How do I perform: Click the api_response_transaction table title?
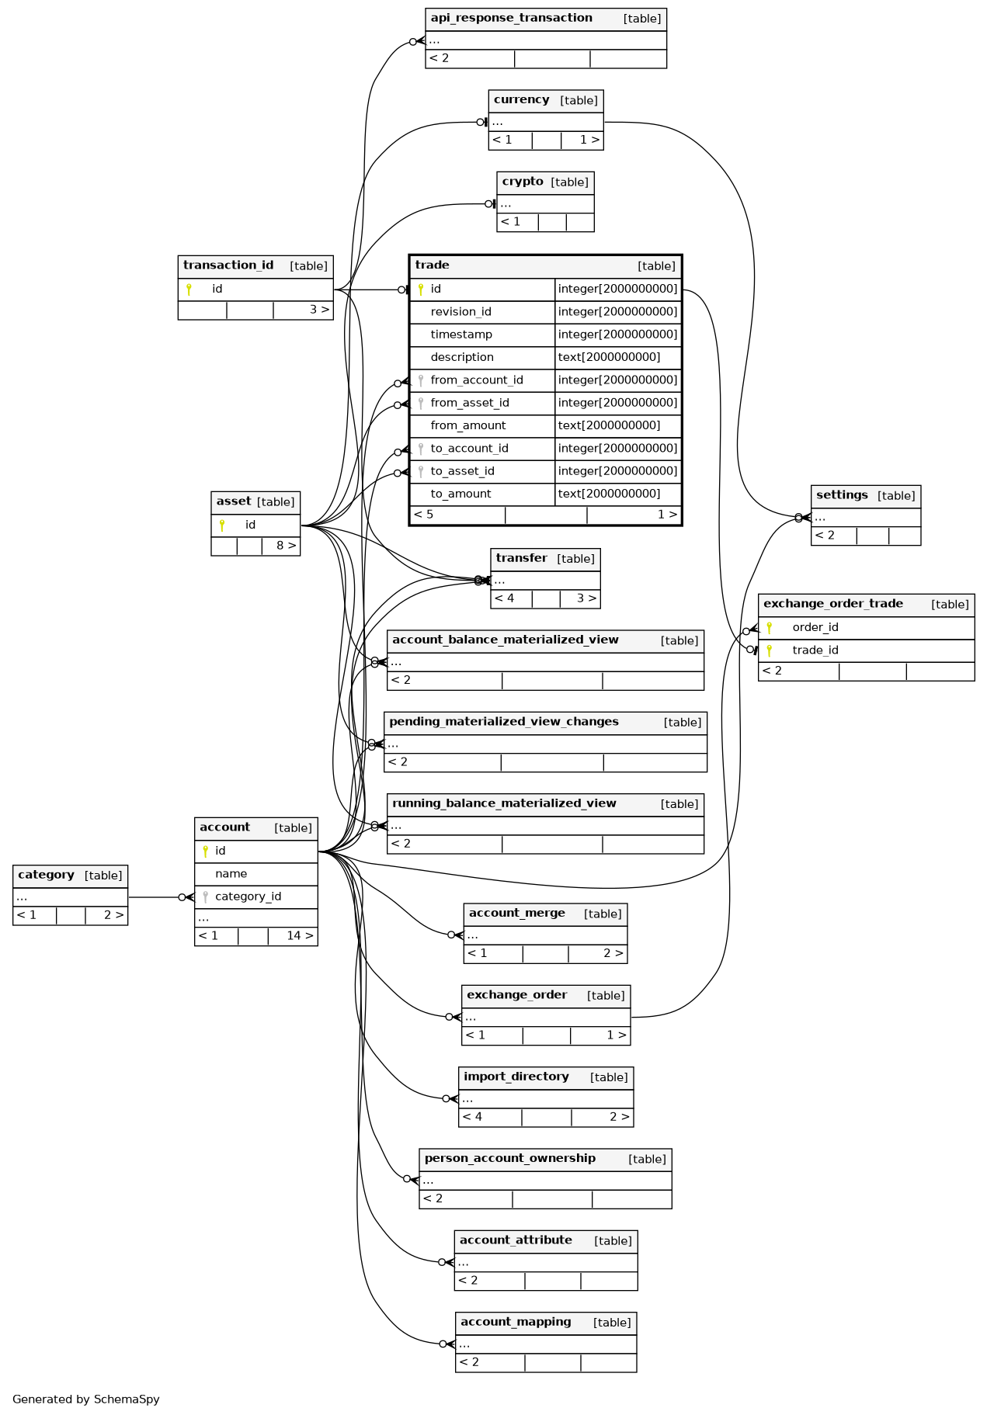coord(511,18)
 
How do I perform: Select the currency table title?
coord(521,99)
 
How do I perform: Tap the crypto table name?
coord(522,182)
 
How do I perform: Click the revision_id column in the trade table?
coord(460,312)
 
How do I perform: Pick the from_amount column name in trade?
coord(467,425)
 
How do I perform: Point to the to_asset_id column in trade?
coord(462,471)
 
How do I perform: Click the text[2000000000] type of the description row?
coord(609,357)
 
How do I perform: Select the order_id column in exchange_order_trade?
coord(815,627)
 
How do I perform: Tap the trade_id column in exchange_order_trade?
coord(815,650)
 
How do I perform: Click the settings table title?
coord(842,495)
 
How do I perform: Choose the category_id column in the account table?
coord(248,897)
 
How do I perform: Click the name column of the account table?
coord(231,874)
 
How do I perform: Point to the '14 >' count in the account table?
coord(300,936)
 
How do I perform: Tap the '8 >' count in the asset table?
coord(286,546)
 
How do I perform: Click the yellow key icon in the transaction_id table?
coord(188,290)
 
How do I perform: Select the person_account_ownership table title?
coord(509,1158)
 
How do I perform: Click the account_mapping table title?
coord(516,1322)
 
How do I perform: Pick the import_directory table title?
coord(516,1077)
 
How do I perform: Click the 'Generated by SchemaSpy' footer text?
coord(86,1399)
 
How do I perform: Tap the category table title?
coord(46,875)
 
